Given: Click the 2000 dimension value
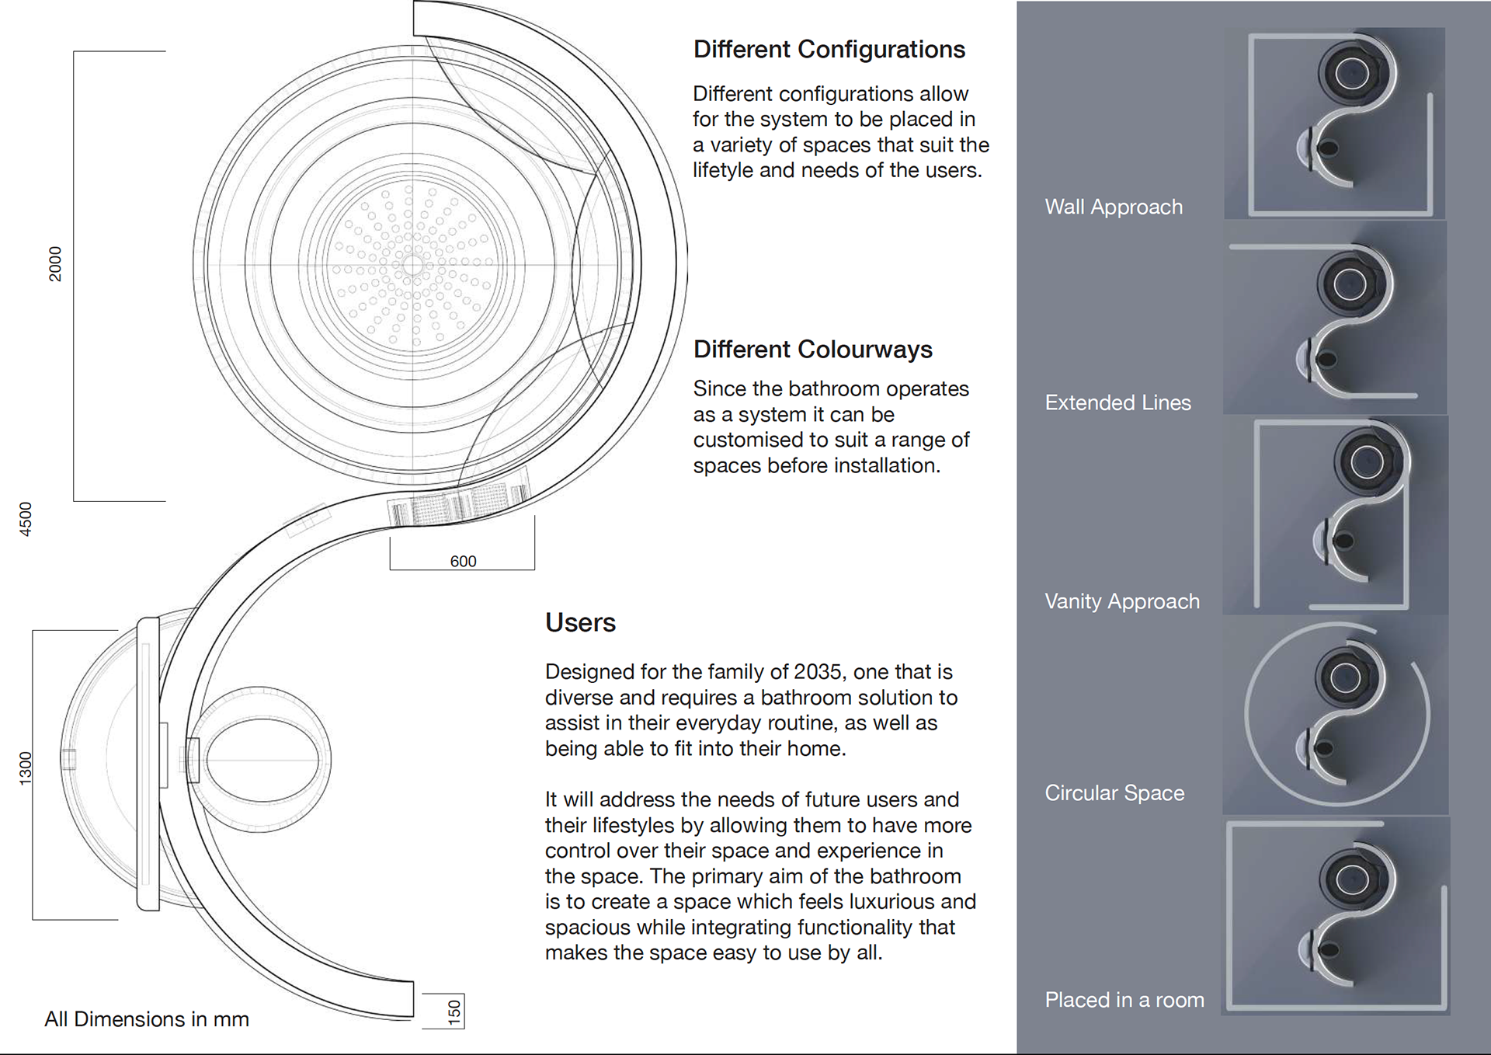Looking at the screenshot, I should (x=55, y=263).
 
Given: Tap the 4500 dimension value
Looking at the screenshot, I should (x=26, y=519).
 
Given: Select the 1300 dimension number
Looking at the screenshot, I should (x=26, y=768).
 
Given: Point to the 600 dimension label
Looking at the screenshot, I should (x=463, y=561).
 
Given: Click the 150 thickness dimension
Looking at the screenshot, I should (x=454, y=1011).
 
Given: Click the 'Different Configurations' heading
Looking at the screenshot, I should (x=829, y=50).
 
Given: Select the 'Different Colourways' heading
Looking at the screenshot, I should (x=812, y=350).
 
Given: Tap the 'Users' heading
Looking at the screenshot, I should (x=580, y=623).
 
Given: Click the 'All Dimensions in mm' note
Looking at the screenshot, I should (x=147, y=1019).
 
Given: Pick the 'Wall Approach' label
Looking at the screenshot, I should (x=1114, y=207).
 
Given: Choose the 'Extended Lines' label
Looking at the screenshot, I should (x=1117, y=402).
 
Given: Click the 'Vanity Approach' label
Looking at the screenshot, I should (x=1121, y=601).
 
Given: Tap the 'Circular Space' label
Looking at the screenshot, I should (x=1114, y=793).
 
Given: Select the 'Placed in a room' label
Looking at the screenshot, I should (x=1124, y=1000).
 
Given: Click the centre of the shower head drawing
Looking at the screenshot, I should (x=412, y=265).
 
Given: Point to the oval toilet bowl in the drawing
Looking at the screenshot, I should (x=262, y=760).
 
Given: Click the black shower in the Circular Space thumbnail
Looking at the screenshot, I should (x=1346, y=678).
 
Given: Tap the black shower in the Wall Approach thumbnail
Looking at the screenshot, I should (x=1352, y=74).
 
